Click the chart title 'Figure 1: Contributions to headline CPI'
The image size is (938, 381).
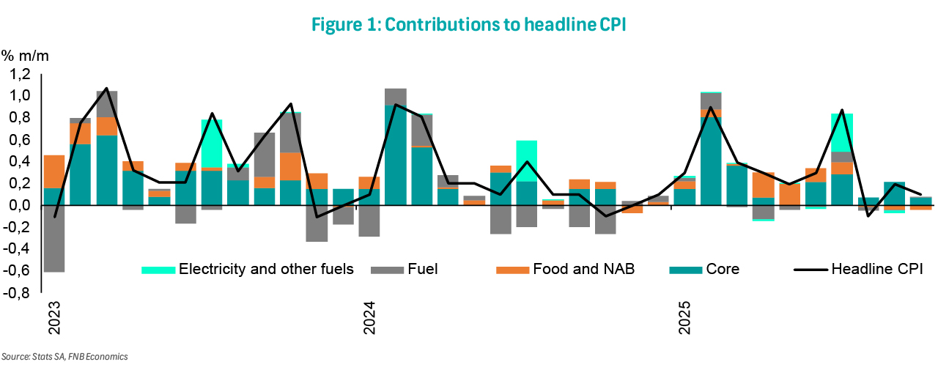point(469,24)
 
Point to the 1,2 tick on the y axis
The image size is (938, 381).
point(20,74)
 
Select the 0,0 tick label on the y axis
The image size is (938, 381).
point(20,206)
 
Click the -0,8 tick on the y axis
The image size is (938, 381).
point(18,294)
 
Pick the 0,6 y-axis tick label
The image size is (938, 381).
point(20,140)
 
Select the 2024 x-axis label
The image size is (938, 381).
point(369,318)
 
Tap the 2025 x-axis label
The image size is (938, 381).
point(683,318)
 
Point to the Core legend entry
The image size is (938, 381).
point(721,269)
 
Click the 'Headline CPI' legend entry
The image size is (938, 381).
point(876,269)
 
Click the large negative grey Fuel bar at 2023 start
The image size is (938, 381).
point(54,239)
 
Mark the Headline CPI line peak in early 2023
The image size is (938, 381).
point(107,89)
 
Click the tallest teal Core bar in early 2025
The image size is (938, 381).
point(710,161)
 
